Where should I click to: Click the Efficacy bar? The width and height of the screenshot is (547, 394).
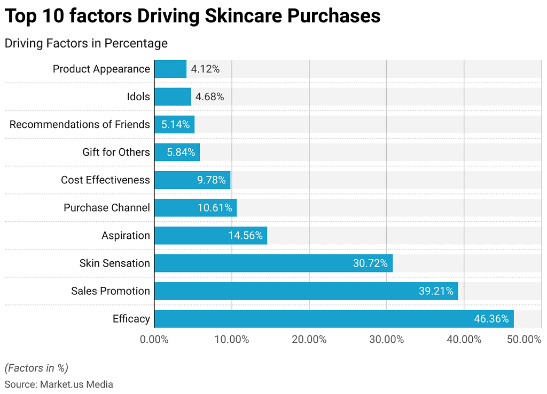334,319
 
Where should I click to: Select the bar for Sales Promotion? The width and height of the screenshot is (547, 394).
306,291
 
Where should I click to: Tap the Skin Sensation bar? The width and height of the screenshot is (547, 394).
273,263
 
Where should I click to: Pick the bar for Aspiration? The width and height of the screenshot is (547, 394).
210,236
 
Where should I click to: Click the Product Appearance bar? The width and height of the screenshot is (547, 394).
170,69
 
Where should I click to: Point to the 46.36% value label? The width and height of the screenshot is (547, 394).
491,319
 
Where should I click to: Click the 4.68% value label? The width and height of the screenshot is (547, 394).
209,97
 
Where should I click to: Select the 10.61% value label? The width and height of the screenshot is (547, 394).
215,208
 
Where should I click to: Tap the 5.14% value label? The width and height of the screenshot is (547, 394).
175,125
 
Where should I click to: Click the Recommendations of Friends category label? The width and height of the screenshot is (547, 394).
80,125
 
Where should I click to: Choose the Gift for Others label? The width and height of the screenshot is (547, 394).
116,152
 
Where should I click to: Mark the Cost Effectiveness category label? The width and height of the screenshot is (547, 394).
105,180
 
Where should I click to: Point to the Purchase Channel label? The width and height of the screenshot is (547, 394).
107,208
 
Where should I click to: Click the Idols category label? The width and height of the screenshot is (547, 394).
138,97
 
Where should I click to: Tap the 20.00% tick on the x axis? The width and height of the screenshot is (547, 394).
309,340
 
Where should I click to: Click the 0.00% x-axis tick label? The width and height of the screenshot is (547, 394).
154,340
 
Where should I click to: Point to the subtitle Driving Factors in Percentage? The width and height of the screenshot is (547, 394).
86,43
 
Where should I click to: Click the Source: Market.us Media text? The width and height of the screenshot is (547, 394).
59,384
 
